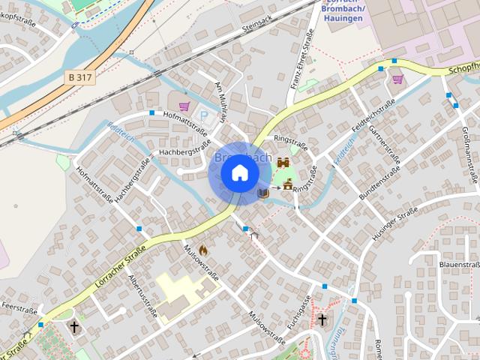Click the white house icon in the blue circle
click(x=239, y=172)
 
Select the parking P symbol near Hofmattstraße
click(x=202, y=115)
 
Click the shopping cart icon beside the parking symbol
click(x=184, y=106)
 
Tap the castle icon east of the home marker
click(x=283, y=163)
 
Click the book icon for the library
click(x=262, y=193)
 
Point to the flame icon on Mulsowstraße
click(x=202, y=251)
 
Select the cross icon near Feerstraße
click(x=74, y=327)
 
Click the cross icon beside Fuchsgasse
click(x=322, y=320)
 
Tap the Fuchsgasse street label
click(x=298, y=313)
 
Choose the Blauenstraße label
click(x=459, y=265)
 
